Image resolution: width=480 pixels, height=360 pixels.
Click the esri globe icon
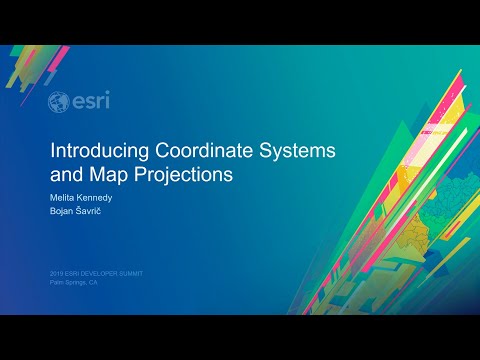pyautogui.click(x=59, y=102)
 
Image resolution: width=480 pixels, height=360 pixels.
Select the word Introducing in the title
pyautogui.click(x=101, y=151)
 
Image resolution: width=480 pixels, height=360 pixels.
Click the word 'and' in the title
pyautogui.click(x=66, y=173)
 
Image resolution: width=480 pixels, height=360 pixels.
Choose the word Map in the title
pyautogui.click(x=106, y=173)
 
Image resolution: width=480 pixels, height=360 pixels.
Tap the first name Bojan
pyautogui.click(x=62, y=211)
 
